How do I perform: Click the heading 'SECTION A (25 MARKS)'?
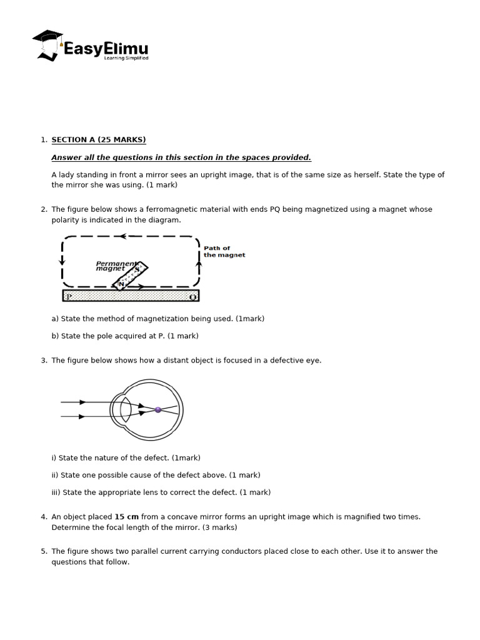99,139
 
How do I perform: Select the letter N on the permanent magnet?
121,283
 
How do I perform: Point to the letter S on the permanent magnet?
137,269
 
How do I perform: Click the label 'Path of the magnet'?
224,251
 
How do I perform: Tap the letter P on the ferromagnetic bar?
69,296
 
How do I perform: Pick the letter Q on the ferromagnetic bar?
192,296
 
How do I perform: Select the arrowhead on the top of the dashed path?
123,236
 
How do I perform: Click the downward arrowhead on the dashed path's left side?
62,261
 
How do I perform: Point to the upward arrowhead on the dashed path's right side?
199,264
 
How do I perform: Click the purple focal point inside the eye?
158,410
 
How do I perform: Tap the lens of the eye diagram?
126,409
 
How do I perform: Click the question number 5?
44,551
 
